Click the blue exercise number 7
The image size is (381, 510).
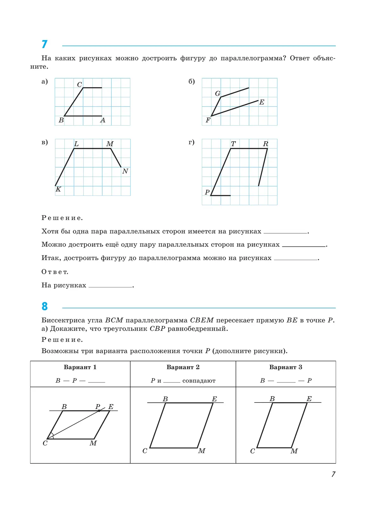44,44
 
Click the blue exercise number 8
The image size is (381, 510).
44,306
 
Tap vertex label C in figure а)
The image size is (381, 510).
79,85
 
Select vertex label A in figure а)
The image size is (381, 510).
103,121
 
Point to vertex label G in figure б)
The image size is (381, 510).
217,93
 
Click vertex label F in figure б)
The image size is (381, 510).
208,120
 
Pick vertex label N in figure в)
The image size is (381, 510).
125,171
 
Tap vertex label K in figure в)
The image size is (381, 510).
58,189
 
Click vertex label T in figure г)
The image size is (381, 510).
233,144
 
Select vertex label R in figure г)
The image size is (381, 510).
265,144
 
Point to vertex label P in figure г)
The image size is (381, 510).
207,192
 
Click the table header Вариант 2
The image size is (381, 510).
183,367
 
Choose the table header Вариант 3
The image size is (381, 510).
285,367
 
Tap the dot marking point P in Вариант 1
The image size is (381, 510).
99,411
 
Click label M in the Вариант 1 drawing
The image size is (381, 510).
93,443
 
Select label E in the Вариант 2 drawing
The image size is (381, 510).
214,399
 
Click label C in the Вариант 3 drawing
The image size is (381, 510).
252,451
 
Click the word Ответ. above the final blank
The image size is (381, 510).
55,272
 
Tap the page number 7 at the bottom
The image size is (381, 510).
333,474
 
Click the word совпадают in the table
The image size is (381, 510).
199,381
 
